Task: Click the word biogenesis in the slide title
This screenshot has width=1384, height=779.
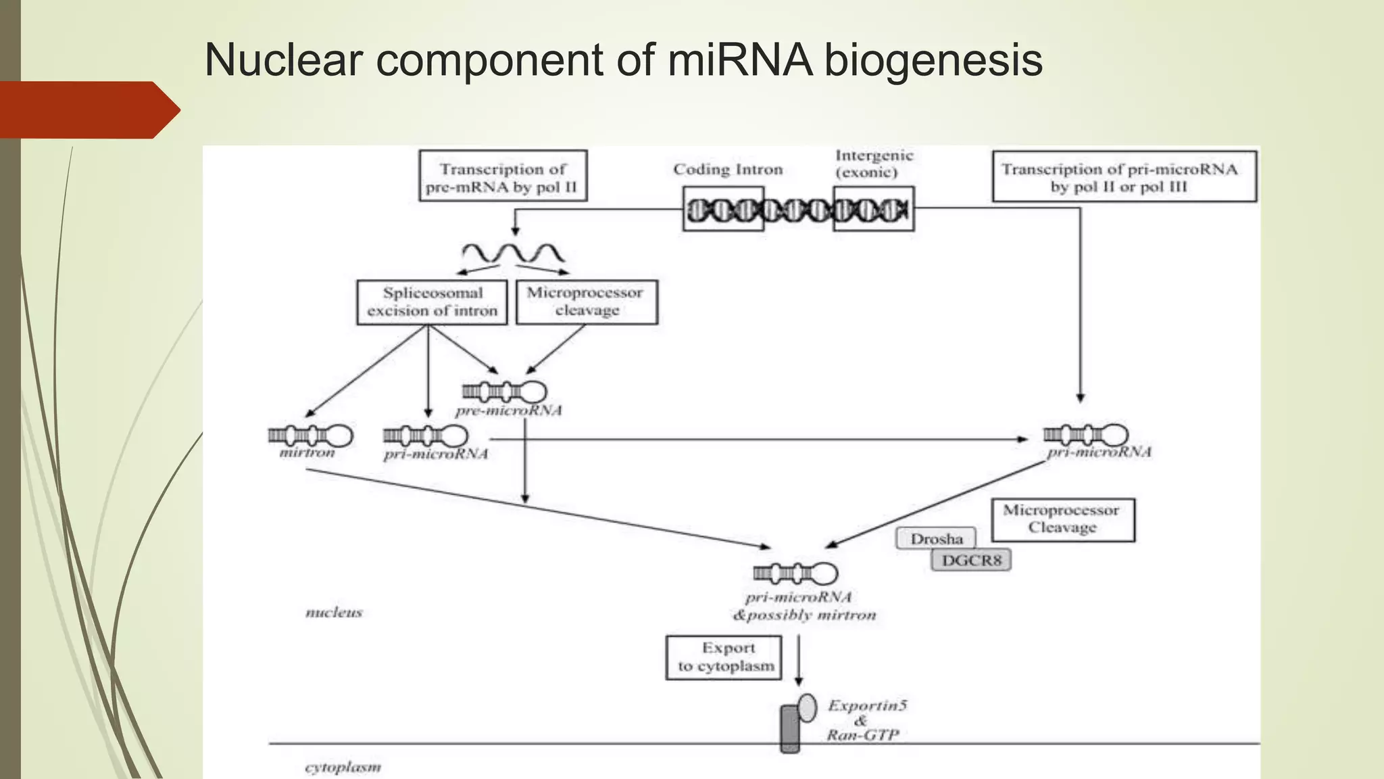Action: [933, 61]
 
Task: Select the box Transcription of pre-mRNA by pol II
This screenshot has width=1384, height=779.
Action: [503, 176]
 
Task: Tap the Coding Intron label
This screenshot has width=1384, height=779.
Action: [728, 170]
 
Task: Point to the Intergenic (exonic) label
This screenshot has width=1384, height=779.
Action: [873, 164]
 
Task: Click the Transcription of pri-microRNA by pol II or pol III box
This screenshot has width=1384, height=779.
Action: [1124, 176]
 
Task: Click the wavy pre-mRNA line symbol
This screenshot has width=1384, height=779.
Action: [513, 254]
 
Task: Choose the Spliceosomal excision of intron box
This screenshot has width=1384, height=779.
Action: [432, 302]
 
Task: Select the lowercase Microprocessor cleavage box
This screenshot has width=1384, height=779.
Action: [586, 302]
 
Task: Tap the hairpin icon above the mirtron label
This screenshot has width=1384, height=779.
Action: [310, 435]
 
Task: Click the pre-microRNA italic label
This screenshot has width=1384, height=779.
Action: [508, 410]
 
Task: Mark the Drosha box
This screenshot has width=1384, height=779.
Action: [936, 539]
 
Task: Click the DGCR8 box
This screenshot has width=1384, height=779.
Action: [971, 560]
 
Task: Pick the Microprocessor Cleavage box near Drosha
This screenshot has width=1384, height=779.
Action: [1062, 519]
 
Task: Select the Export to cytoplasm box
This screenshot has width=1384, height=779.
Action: [724, 657]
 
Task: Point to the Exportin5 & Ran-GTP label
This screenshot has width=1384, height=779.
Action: [865, 720]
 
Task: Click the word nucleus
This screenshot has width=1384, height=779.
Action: [334, 613]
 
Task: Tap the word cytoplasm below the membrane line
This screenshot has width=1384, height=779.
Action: [343, 768]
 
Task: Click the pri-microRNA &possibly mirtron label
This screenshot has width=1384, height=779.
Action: [803, 606]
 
